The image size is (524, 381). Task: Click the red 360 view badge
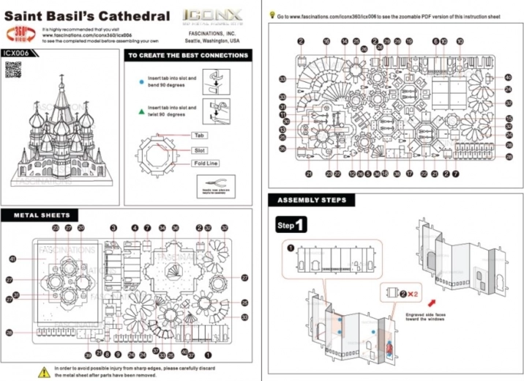click(23, 34)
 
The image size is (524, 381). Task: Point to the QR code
click(13, 70)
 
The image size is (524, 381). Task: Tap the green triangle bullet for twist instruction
click(141, 111)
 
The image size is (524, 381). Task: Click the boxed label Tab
click(198, 136)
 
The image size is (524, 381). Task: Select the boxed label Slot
click(198, 149)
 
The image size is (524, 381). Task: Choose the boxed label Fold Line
click(207, 163)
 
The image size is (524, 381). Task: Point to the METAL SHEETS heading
click(45, 215)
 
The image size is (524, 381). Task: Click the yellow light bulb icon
click(272, 14)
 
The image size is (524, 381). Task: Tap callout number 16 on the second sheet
click(326, 42)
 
